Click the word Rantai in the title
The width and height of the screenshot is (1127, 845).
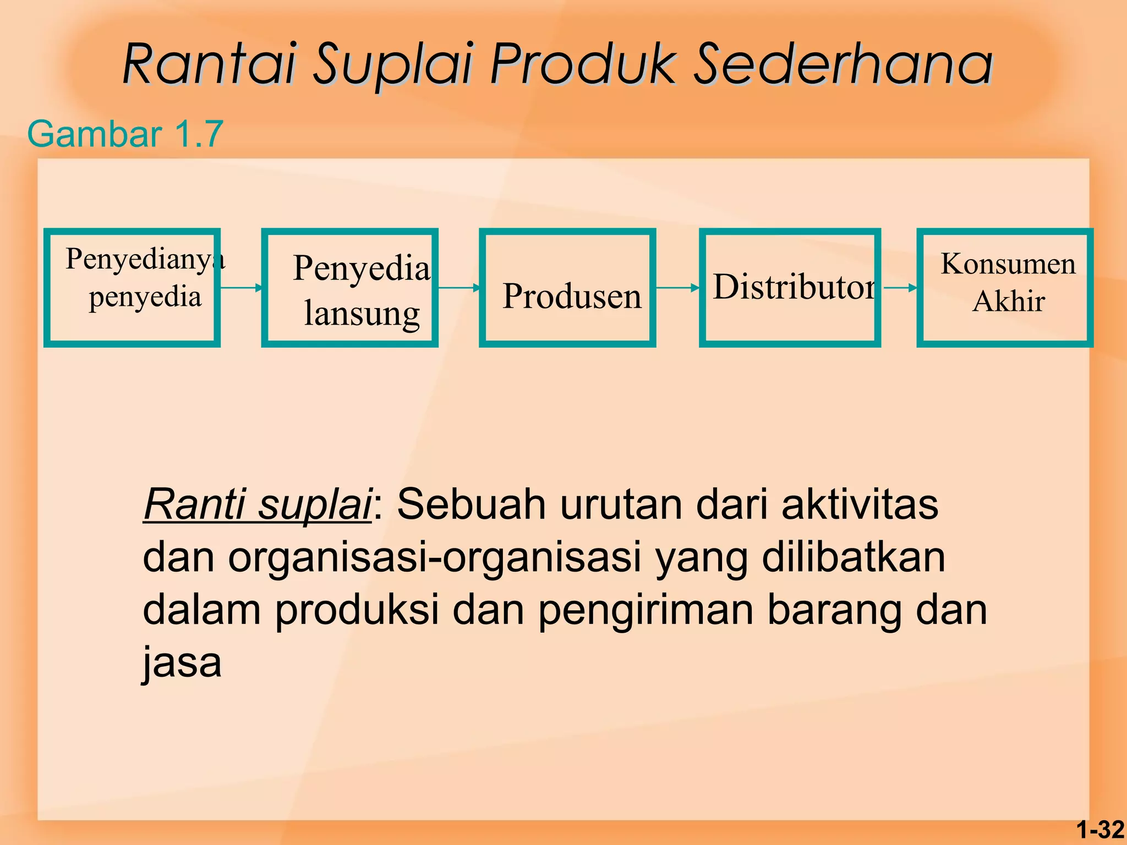(210, 64)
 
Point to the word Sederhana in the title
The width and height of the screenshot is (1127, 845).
(842, 64)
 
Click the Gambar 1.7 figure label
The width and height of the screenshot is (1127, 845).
(125, 134)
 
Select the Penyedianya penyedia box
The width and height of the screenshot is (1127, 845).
(132, 288)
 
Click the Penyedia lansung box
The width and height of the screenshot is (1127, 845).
(350, 288)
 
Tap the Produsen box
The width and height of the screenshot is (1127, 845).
(567, 288)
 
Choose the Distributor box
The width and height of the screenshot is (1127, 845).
(790, 288)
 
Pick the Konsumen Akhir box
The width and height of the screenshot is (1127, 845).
(1005, 288)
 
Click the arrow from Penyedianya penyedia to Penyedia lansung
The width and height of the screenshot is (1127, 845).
(241, 288)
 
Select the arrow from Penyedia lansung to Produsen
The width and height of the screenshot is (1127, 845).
(459, 288)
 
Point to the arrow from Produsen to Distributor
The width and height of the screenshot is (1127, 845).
(677, 288)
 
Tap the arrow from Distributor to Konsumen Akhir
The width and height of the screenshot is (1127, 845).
(900, 288)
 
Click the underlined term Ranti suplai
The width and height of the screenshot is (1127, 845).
(258, 504)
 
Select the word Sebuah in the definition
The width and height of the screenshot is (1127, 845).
(471, 504)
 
